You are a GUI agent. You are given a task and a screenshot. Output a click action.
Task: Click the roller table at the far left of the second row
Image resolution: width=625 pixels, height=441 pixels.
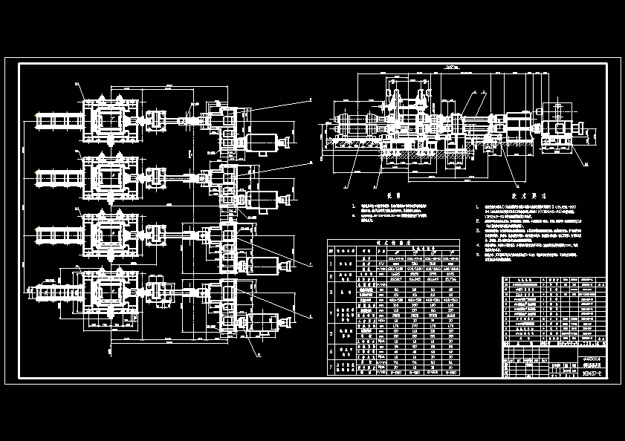(54, 177)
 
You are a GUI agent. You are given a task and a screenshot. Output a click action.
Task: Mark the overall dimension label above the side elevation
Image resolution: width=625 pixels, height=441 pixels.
(450, 68)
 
